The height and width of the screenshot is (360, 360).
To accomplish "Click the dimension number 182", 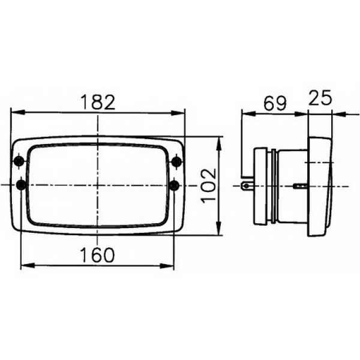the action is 98,102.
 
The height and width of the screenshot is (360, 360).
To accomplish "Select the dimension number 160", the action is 97,254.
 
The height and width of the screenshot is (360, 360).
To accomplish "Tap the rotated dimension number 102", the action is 208,186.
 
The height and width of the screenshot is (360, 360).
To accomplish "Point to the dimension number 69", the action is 275,103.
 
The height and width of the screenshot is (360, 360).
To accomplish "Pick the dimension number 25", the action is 320,98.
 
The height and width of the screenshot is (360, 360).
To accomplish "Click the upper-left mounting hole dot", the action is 19,161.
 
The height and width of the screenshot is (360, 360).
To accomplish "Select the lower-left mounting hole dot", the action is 21,185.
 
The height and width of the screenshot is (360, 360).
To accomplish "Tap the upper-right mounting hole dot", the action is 177,162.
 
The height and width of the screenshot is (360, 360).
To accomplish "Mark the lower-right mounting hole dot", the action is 174,185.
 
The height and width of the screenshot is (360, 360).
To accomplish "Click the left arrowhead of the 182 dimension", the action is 17,112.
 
